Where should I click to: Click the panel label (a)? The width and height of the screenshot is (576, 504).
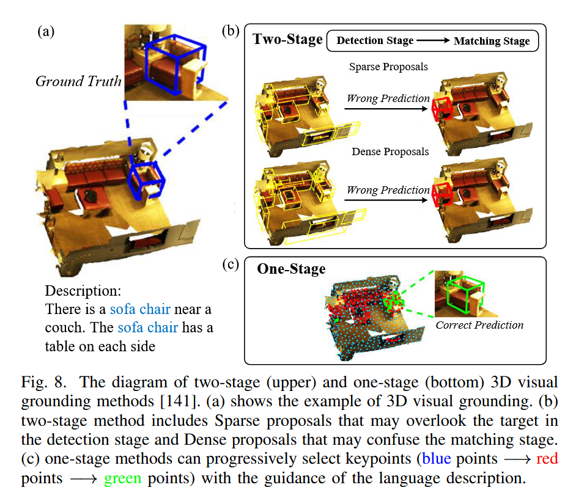pos(46,32)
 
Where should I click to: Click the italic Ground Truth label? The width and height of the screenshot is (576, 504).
pos(78,81)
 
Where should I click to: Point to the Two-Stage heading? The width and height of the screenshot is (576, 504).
pos(287,40)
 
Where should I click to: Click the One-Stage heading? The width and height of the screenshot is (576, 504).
pos(290,269)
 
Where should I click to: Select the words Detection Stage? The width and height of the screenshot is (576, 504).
pos(375,42)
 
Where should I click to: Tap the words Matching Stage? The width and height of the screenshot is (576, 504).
pos(492,42)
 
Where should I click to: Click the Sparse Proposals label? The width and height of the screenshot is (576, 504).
pos(388,66)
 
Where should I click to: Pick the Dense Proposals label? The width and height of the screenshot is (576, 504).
pos(390,151)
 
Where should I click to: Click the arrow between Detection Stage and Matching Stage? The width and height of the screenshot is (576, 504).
pos(434,42)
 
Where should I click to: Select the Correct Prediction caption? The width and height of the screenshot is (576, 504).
pos(479,325)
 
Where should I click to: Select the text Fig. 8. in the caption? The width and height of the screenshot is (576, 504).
pos(45,382)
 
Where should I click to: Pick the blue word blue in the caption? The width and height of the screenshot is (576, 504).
pos(435,458)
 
